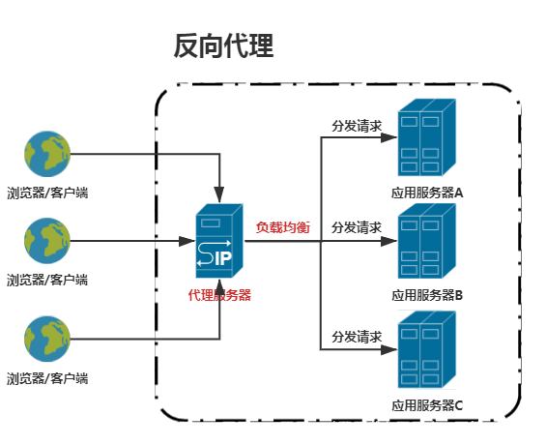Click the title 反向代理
click(x=223, y=45)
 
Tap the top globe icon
click(x=47, y=154)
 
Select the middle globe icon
click(x=47, y=241)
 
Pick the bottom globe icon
click(x=47, y=339)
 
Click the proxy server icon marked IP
click(x=218, y=242)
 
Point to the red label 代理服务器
click(x=219, y=295)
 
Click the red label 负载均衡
click(x=282, y=227)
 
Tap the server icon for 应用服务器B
click(x=426, y=240)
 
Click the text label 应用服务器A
click(x=427, y=193)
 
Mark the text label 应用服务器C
click(x=427, y=404)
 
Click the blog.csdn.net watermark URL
click(x=434, y=427)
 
